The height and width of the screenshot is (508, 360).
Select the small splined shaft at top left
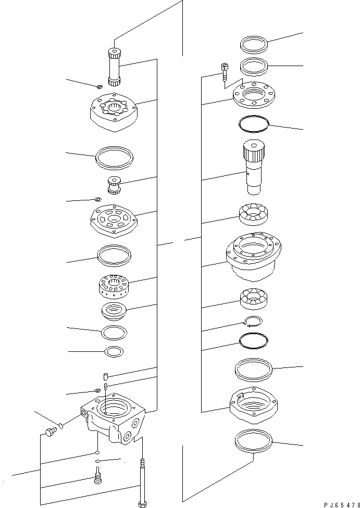click(x=115, y=66)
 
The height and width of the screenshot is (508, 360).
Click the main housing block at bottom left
click(x=114, y=420)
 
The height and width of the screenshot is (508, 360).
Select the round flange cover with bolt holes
click(x=253, y=95)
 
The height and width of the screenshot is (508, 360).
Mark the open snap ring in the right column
click(x=254, y=322)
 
